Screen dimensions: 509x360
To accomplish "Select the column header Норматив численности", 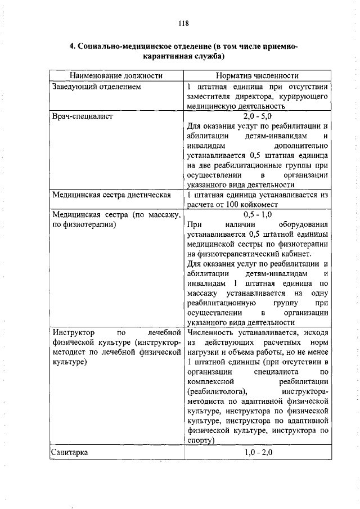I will coord(258,75).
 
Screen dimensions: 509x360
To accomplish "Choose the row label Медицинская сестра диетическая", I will coord(111,195).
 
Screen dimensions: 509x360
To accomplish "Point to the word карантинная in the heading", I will coord(170,56).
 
